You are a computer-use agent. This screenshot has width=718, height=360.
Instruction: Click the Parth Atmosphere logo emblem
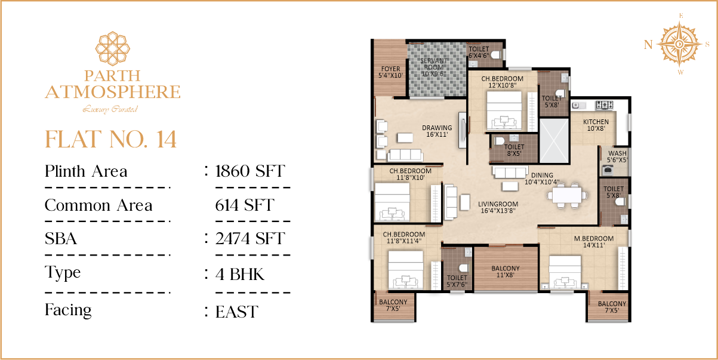(113, 48)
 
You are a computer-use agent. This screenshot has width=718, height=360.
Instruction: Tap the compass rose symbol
(679, 44)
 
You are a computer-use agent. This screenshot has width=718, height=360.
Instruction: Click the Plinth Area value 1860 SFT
(250, 171)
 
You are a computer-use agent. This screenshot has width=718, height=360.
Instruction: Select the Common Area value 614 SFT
(245, 205)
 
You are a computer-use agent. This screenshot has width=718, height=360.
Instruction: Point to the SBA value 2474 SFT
(250, 239)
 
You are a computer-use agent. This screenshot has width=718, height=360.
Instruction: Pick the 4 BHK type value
(240, 275)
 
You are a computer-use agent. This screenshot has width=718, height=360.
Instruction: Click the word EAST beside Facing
(236, 312)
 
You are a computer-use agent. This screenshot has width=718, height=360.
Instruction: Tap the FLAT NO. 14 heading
(110, 139)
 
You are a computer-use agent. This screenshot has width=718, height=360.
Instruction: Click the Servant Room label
(433, 67)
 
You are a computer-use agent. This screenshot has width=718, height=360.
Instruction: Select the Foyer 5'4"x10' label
(390, 72)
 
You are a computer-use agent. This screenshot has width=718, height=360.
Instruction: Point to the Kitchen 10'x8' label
(596, 125)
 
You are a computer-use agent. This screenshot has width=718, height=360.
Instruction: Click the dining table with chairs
(567, 195)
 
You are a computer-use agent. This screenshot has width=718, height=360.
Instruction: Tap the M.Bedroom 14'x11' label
(594, 242)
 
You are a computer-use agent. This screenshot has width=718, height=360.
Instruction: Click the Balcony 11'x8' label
(506, 272)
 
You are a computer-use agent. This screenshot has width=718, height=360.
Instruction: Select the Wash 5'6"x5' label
(617, 156)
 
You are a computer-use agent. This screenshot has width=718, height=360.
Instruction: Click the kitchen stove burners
(604, 105)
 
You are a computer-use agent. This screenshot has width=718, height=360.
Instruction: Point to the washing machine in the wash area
(608, 170)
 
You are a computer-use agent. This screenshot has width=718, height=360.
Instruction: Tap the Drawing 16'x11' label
(437, 131)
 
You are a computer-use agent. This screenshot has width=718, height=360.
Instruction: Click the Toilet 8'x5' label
(514, 150)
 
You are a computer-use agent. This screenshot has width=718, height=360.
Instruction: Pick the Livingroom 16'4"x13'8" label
(498, 207)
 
